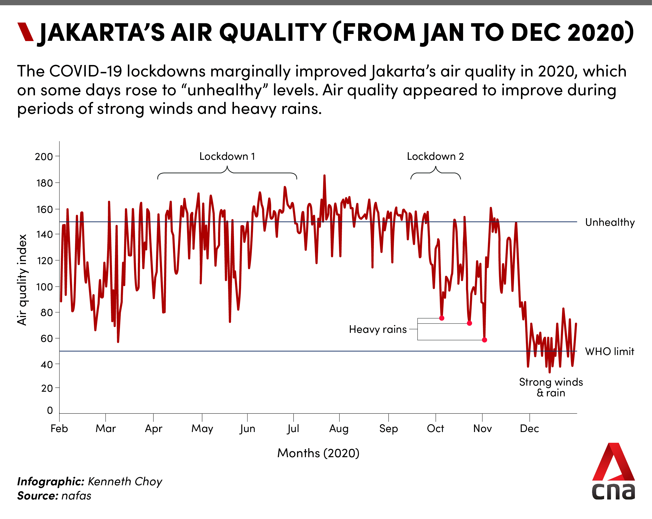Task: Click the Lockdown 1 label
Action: point(227,156)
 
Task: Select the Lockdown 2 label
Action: point(435,156)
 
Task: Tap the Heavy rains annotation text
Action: point(378,329)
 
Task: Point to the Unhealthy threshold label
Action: point(610,222)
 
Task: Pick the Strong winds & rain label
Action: point(551,387)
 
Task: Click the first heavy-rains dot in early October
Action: point(442,318)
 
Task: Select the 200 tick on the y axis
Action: point(44,157)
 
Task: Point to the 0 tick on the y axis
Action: point(50,410)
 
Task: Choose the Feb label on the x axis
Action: point(59,429)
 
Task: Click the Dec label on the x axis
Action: point(529,429)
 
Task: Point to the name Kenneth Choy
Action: point(125,481)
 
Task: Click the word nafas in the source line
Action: point(76,496)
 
